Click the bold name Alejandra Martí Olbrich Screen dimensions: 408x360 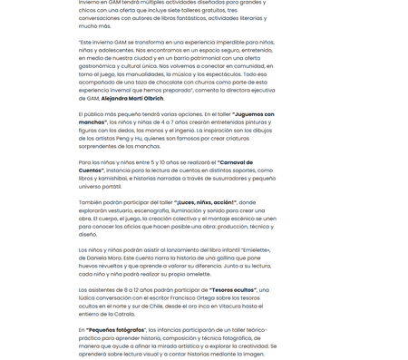(x=133, y=98)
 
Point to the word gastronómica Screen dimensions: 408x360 (x=102, y=66)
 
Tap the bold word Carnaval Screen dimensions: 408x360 (x=236, y=162)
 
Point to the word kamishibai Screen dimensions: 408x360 (x=122, y=179)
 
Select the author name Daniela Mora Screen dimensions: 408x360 (x=102, y=258)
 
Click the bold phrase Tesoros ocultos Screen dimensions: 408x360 (x=232, y=289)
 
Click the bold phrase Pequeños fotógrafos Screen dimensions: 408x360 (x=116, y=329)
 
